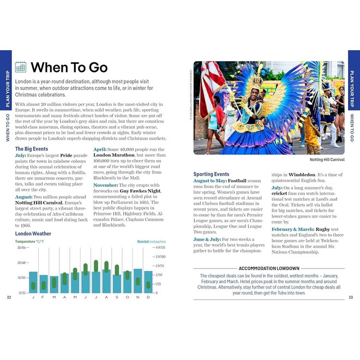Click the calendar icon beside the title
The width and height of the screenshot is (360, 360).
pos(21,67)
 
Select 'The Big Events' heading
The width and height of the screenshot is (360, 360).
pos(31,148)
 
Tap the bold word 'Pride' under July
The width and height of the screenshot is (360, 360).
pos(65,155)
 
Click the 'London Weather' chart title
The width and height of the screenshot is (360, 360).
pos(33,233)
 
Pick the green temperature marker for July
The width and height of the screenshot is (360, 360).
pos(96,266)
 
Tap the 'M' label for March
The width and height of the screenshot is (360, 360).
pos(54,297)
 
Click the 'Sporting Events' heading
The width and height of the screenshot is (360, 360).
pos(211,174)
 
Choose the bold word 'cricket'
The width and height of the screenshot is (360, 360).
pos(279,194)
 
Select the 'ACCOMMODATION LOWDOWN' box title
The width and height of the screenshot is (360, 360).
pos(268,268)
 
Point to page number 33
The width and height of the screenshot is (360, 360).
pos(351,297)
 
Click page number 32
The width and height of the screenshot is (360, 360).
pos(9,297)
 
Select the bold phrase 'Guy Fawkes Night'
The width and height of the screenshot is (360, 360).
pos(141,191)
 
